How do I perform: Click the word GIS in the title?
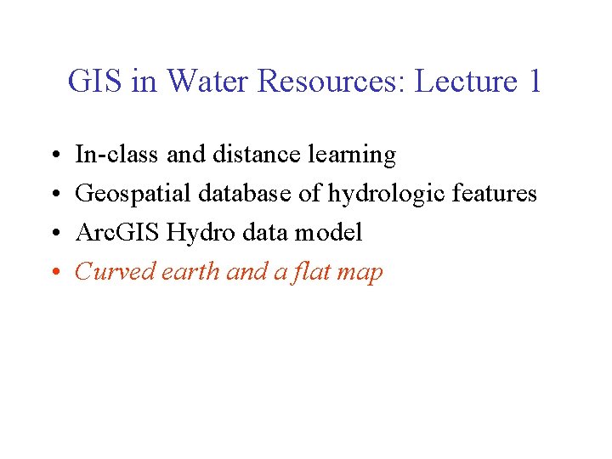pos(94,82)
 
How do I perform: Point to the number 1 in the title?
pos(533,82)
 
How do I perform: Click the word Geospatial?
pos(133,195)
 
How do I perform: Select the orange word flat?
pos(313,272)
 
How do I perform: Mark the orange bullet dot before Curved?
pos(53,273)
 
